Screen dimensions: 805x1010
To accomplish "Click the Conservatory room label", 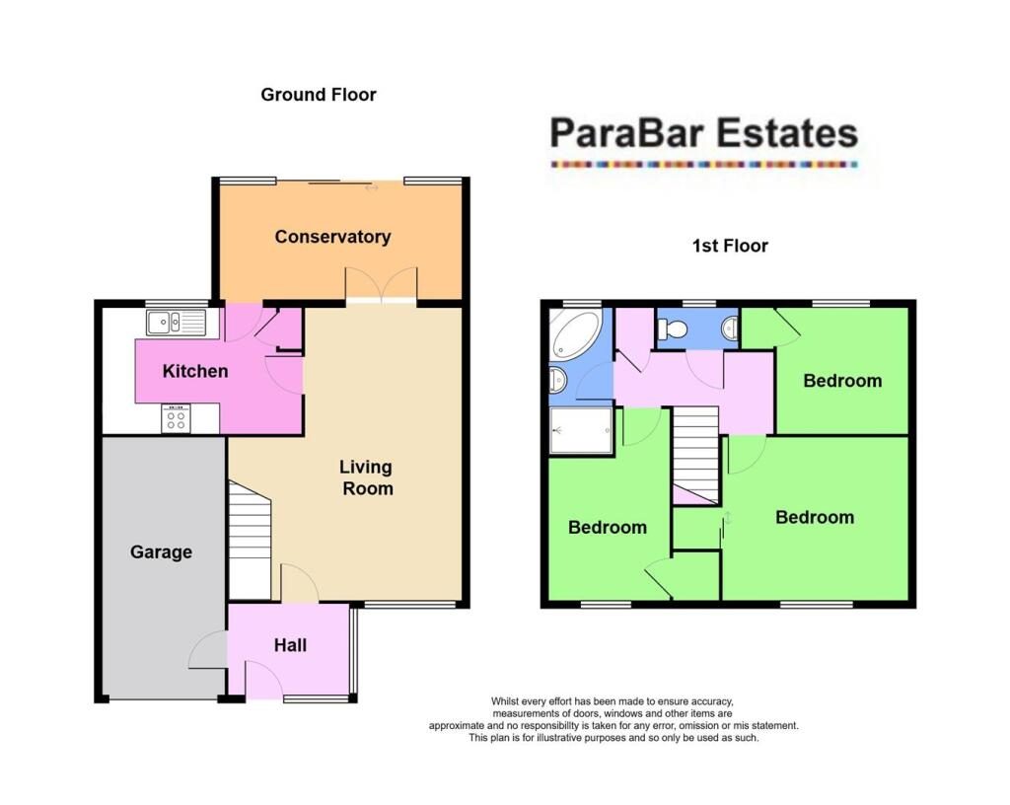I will pyautogui.click(x=332, y=237).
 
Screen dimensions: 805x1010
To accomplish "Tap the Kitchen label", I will pyautogui.click(x=195, y=372).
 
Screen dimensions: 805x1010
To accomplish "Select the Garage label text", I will pyautogui.click(x=161, y=552).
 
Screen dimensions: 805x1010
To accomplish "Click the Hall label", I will pyautogui.click(x=290, y=645).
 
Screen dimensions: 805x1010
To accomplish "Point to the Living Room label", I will pyautogui.click(x=366, y=477).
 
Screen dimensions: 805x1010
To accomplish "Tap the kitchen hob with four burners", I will pyautogui.click(x=176, y=419).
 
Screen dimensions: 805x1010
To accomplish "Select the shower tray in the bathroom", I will pyautogui.click(x=582, y=431).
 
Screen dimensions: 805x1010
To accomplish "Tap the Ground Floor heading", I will pyautogui.click(x=319, y=95).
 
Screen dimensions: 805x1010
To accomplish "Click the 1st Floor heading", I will pyautogui.click(x=730, y=246).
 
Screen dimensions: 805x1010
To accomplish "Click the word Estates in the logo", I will pyautogui.click(x=785, y=133).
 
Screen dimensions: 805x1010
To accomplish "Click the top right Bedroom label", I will pyautogui.click(x=841, y=381).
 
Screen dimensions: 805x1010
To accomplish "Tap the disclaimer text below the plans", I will pyautogui.click(x=613, y=719).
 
